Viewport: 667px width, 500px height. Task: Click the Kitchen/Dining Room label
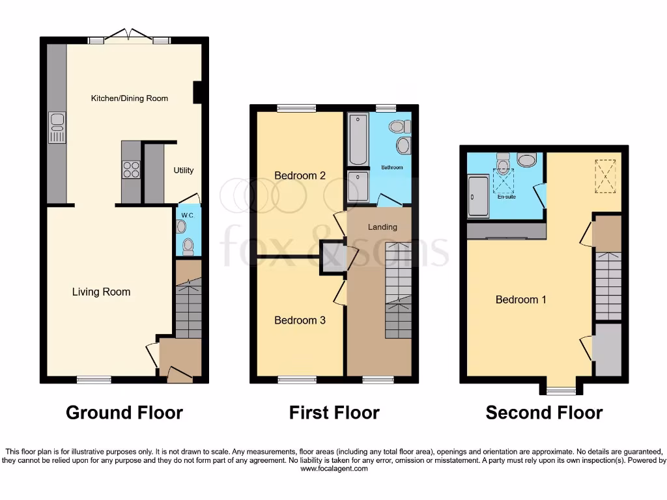(x=129, y=98)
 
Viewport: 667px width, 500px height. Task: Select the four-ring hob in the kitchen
(x=131, y=169)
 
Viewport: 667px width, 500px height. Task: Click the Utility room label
(x=183, y=171)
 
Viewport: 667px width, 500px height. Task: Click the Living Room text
(x=101, y=292)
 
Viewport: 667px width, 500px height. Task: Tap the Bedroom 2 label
(x=300, y=176)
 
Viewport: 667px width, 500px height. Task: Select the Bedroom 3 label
(x=300, y=320)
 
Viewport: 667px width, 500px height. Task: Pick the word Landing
(x=382, y=227)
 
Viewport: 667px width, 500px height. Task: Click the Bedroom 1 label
(x=520, y=299)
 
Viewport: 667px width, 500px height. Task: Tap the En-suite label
(x=506, y=196)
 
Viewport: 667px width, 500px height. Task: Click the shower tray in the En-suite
(x=479, y=195)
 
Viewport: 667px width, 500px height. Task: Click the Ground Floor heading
(x=124, y=412)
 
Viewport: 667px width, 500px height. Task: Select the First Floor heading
(x=334, y=412)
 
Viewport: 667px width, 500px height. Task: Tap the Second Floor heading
(x=544, y=412)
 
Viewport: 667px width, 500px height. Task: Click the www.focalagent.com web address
(x=333, y=468)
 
